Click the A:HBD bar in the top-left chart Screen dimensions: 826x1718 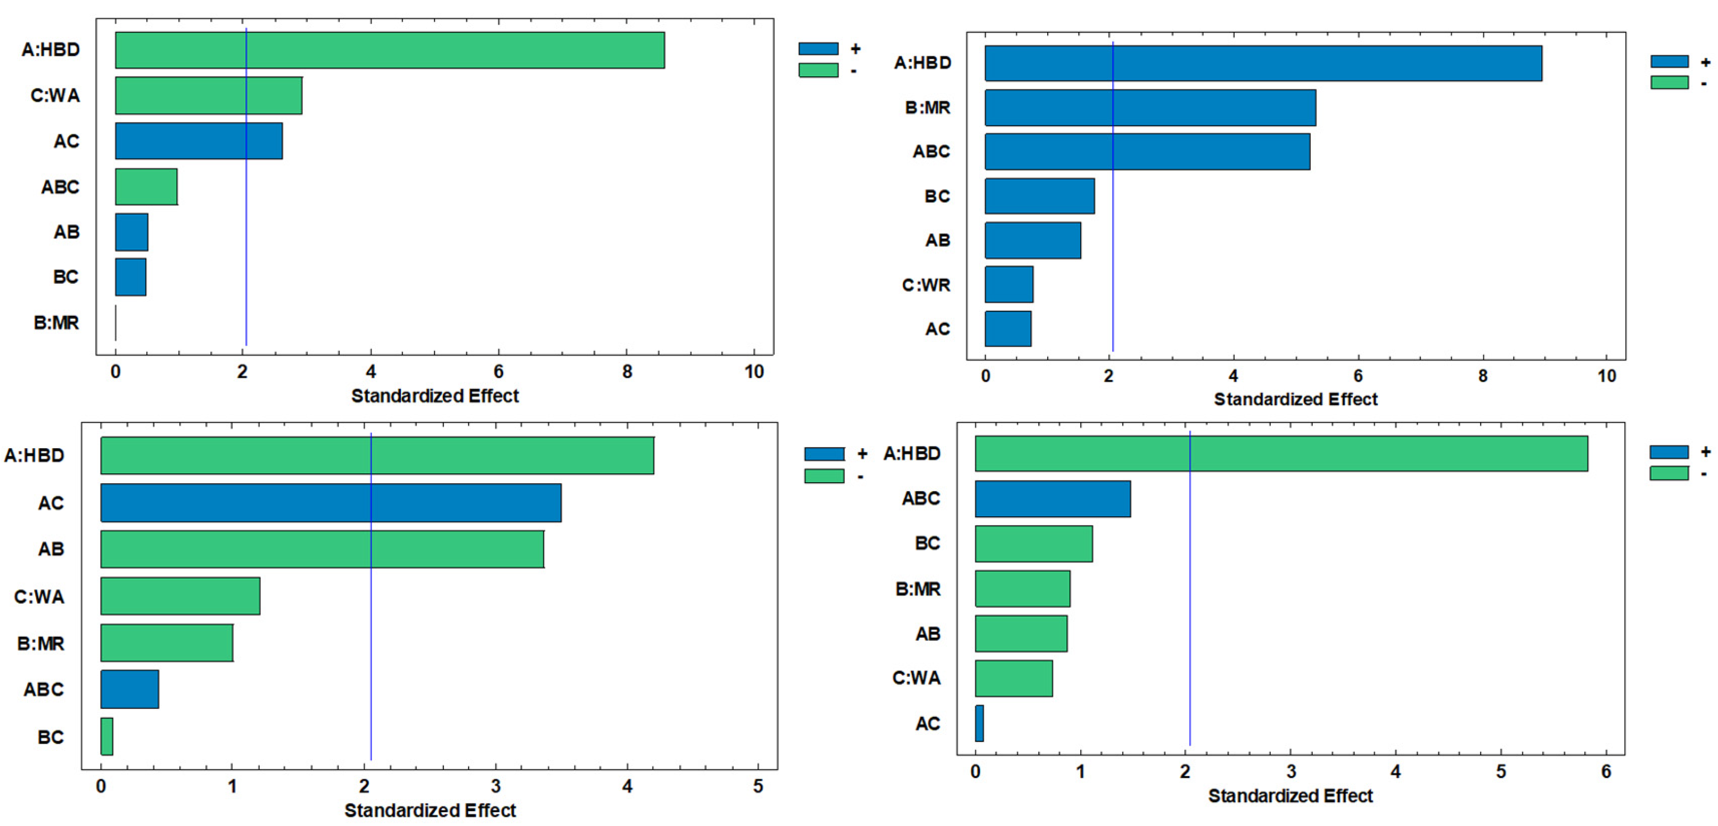point(390,50)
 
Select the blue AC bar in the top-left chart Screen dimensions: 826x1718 point(199,141)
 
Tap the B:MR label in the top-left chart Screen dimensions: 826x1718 point(56,323)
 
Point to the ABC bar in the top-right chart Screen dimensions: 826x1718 point(1147,152)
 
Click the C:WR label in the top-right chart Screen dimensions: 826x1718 point(926,285)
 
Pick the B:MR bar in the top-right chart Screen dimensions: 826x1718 point(1150,108)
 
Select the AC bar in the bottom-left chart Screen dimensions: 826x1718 point(331,502)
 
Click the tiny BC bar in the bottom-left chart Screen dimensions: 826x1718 point(106,736)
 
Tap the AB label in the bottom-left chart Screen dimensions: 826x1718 point(51,549)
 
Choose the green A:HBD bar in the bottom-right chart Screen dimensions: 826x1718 point(1280,453)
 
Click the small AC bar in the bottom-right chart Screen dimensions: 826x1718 point(979,723)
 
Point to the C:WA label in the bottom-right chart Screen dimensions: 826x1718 point(916,678)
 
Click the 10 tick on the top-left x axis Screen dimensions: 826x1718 point(754,372)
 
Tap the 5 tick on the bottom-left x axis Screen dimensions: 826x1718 point(758,787)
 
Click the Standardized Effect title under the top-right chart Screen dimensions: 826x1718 point(1295,399)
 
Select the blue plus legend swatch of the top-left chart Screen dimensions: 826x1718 point(818,48)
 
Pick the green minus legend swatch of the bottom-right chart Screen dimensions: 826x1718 point(1668,473)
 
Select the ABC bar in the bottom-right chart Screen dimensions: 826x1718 point(1053,499)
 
